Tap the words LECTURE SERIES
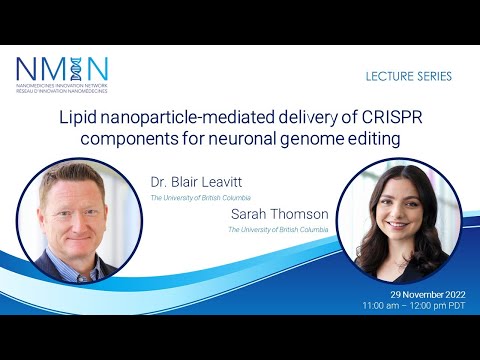410,76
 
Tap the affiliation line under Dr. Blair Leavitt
200,199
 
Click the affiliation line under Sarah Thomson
278,229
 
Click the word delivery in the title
314,116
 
